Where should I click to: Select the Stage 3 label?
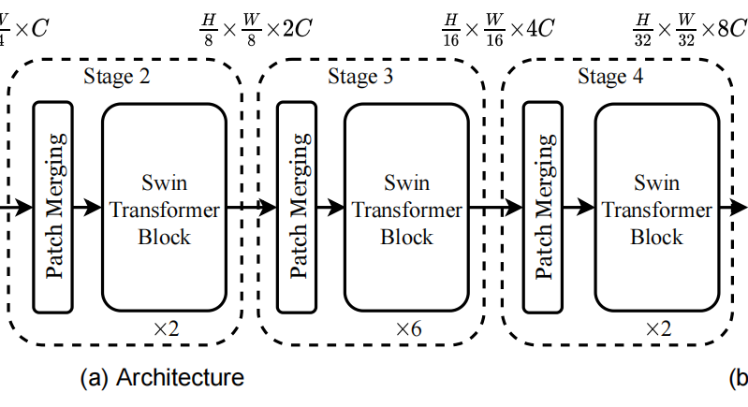click(360, 77)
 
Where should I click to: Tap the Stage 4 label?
click(610, 77)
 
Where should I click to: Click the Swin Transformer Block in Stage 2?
click(164, 208)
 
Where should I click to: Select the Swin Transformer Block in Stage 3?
click(406, 208)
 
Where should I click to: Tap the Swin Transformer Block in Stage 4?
click(656, 208)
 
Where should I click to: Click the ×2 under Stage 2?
click(168, 328)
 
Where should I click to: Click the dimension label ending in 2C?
click(256, 26)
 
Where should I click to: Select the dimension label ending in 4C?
click(498, 26)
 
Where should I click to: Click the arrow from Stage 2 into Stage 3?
click(252, 208)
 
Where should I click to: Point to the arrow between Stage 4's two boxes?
click(579, 208)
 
